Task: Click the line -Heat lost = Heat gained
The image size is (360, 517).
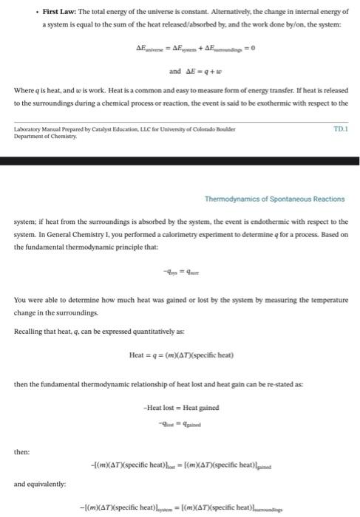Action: tap(180, 408)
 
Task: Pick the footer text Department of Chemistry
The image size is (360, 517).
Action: tap(40, 134)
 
